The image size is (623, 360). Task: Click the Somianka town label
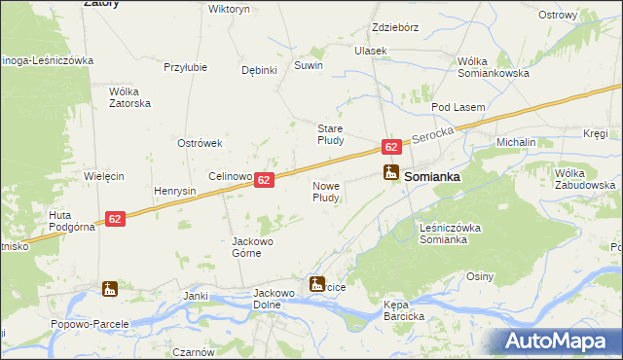click(x=431, y=178)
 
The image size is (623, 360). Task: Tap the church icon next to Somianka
click(x=390, y=174)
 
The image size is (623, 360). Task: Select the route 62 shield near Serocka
click(x=390, y=147)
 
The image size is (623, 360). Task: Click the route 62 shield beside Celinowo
click(x=265, y=181)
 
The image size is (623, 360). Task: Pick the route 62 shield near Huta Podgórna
click(x=115, y=220)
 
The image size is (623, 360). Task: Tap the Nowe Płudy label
click(x=325, y=191)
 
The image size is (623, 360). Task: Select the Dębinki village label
click(x=260, y=70)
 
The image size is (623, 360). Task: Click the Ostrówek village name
click(x=201, y=143)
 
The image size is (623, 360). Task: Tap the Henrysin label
click(x=174, y=191)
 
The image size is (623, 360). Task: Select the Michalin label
click(x=516, y=142)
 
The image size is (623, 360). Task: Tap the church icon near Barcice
click(x=316, y=285)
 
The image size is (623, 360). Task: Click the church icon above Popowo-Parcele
click(x=109, y=289)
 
